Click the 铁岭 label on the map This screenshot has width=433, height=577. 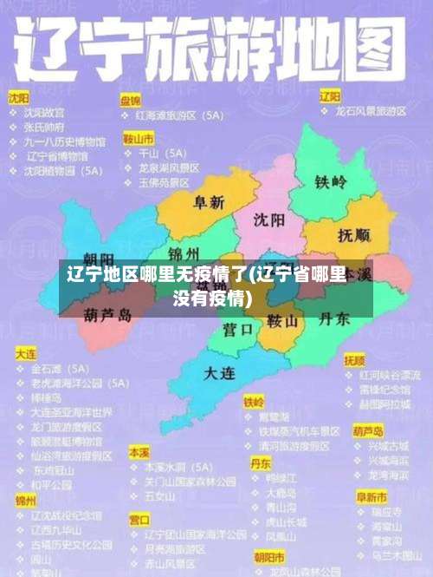(330, 182)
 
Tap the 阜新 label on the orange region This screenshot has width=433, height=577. (209, 202)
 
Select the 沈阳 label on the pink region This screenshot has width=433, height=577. (269, 220)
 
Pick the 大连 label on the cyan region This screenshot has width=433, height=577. (219, 373)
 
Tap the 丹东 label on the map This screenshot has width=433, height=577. (333, 319)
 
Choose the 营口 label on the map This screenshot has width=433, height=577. (237, 330)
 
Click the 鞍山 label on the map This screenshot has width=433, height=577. (282, 322)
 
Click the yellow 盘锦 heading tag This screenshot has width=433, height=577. (131, 101)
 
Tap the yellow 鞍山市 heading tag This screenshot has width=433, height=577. (139, 138)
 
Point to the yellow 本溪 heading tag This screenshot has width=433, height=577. (139, 453)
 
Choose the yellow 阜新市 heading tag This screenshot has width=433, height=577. (371, 497)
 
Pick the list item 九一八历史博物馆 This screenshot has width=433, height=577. (65, 141)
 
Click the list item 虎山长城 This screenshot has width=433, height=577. (286, 522)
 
